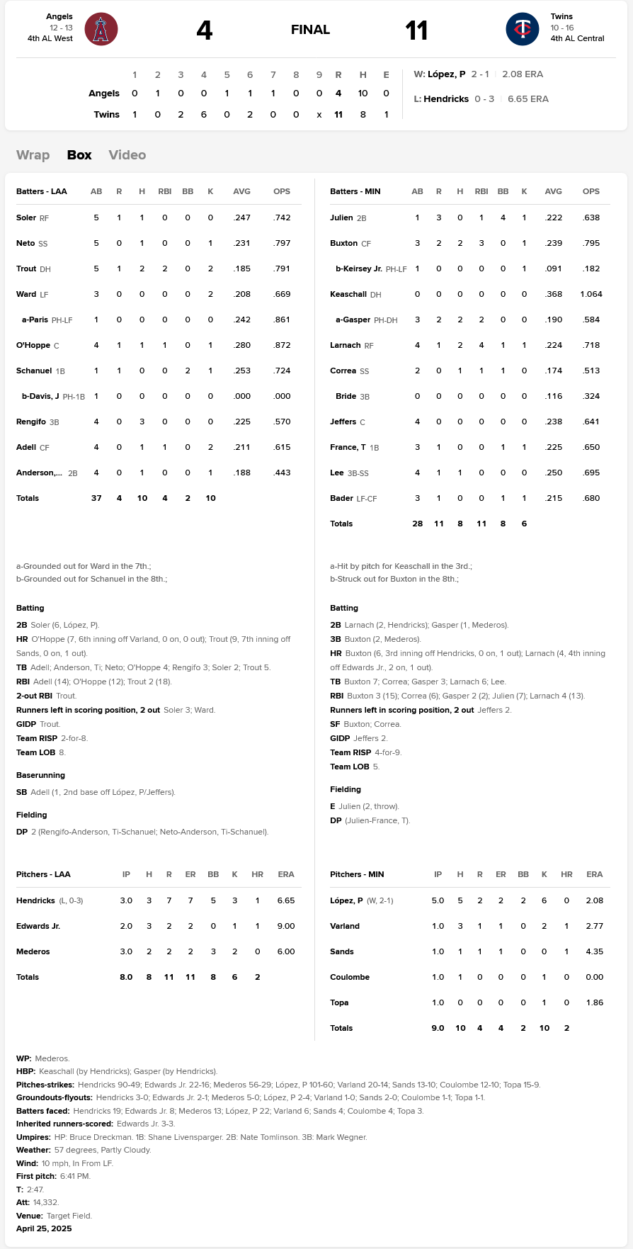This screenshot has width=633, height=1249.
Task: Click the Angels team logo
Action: click(101, 30)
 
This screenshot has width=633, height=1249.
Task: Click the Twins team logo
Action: click(523, 30)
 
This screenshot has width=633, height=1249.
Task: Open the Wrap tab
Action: click(33, 155)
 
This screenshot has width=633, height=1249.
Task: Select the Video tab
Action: click(127, 155)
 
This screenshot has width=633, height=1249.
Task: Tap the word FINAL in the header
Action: click(310, 30)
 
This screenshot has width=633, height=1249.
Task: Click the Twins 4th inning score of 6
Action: click(204, 114)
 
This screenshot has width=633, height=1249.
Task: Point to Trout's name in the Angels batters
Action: click(26, 269)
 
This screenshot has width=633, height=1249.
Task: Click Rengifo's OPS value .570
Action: click(282, 422)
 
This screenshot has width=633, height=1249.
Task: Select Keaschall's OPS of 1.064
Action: click(591, 294)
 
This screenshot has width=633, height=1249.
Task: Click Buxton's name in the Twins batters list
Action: click(343, 243)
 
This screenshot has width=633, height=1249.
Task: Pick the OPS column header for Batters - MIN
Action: click(591, 191)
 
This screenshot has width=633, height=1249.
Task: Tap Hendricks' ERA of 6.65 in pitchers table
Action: click(286, 900)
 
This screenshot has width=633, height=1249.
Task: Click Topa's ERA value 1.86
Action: click(595, 1002)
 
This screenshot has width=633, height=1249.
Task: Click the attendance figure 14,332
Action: click(46, 1202)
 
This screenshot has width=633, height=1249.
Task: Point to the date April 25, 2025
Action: click(44, 1228)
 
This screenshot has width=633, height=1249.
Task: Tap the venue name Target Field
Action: click(69, 1216)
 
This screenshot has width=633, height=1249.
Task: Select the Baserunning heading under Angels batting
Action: click(40, 775)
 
